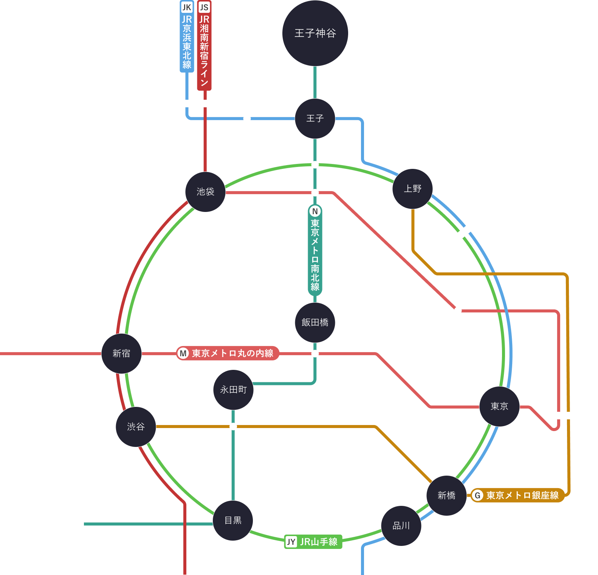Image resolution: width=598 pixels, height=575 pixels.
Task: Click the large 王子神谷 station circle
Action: click(315, 33)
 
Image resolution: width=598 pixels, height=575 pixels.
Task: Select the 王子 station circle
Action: click(315, 119)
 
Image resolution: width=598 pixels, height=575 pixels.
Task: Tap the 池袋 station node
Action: click(205, 192)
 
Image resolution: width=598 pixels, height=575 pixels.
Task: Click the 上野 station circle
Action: click(412, 189)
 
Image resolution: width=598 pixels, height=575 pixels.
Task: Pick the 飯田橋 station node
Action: click(315, 323)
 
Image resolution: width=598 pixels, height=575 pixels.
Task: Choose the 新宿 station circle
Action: click(121, 354)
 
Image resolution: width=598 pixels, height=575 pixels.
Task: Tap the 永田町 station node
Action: click(233, 390)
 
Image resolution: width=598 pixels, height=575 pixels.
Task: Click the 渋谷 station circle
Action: click(136, 427)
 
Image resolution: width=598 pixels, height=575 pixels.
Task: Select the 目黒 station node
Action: click(233, 521)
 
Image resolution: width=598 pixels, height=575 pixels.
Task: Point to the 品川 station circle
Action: click(401, 526)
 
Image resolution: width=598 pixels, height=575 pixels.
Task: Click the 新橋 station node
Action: click(446, 496)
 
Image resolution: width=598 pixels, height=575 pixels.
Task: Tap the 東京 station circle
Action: click(499, 407)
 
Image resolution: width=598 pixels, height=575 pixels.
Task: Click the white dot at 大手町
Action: click(458, 311)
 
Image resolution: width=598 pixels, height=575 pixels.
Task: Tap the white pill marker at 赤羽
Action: click(196, 104)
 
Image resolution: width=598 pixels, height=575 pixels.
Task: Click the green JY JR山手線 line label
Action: click(313, 542)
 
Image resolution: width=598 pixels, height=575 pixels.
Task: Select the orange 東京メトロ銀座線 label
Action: click(517, 495)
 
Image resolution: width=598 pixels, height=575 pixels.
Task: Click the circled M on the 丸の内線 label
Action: click(183, 353)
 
